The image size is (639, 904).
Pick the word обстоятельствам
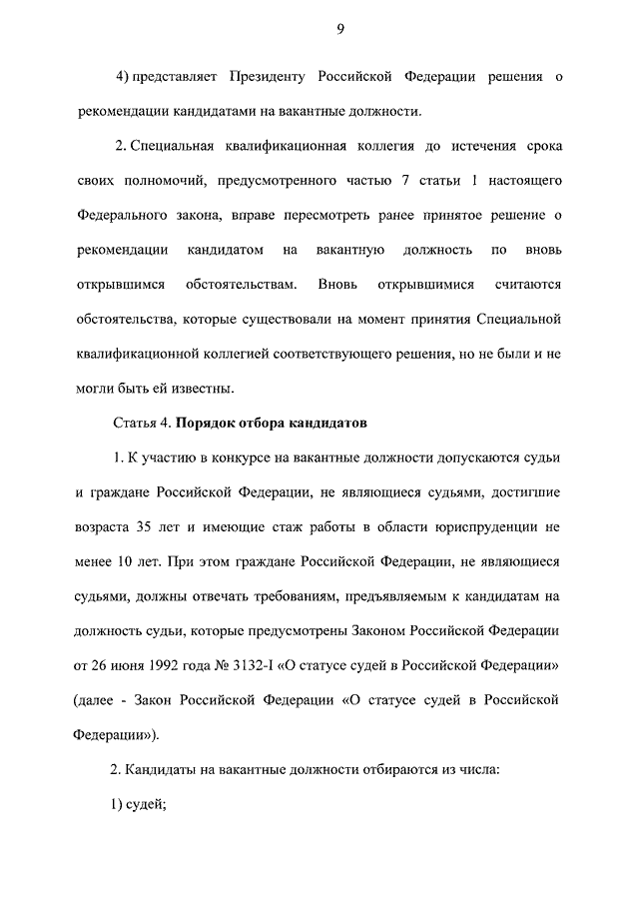(x=241, y=285)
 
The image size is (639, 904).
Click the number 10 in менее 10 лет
(x=125, y=562)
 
